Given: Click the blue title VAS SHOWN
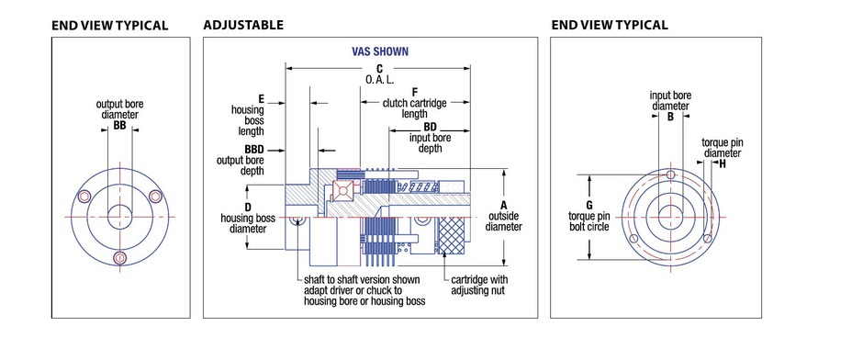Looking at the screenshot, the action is click(x=380, y=51).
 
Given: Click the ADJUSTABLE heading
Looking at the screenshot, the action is click(x=243, y=25).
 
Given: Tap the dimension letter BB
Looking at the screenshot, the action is click(x=119, y=126).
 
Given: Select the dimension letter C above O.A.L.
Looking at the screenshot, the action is click(x=379, y=68).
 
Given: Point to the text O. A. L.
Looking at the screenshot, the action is click(x=380, y=79).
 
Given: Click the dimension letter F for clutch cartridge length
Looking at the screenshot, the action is click(x=414, y=91).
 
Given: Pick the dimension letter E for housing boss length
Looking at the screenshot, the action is click(x=261, y=99).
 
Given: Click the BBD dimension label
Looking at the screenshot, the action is click(x=254, y=149).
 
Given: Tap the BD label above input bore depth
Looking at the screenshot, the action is click(x=430, y=128).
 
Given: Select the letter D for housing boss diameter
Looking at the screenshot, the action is click(x=248, y=208).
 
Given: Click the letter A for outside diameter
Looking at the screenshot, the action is click(x=504, y=205).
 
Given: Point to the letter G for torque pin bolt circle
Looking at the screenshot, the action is click(x=589, y=206).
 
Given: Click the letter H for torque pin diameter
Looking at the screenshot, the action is click(x=723, y=163).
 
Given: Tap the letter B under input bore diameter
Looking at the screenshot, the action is click(x=670, y=117).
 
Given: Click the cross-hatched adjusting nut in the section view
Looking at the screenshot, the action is click(x=452, y=236).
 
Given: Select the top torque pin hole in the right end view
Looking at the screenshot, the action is click(x=670, y=174).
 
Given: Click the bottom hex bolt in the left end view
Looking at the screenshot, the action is click(x=119, y=258).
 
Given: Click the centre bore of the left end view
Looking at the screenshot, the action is click(x=119, y=217).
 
